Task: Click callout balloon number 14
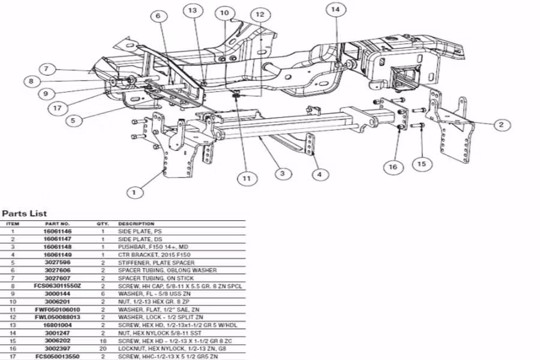pyautogui.click(x=335, y=10)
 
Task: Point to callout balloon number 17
pyautogui.click(x=57, y=109)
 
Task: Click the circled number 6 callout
pyautogui.click(x=158, y=16)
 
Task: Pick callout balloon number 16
pyautogui.click(x=394, y=167)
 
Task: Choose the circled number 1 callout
pyautogui.click(x=135, y=193)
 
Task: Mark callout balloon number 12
pyautogui.click(x=259, y=14)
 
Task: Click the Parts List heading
pyautogui.click(x=25, y=213)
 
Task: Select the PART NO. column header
pyautogui.click(x=58, y=224)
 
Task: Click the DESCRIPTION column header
pyautogui.click(x=136, y=224)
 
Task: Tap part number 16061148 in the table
pyautogui.click(x=58, y=246)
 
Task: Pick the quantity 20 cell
pyautogui.click(x=103, y=348)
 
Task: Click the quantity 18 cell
pyautogui.click(x=103, y=341)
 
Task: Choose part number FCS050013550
pyautogui.click(x=58, y=355)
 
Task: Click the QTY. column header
pyautogui.click(x=103, y=224)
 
